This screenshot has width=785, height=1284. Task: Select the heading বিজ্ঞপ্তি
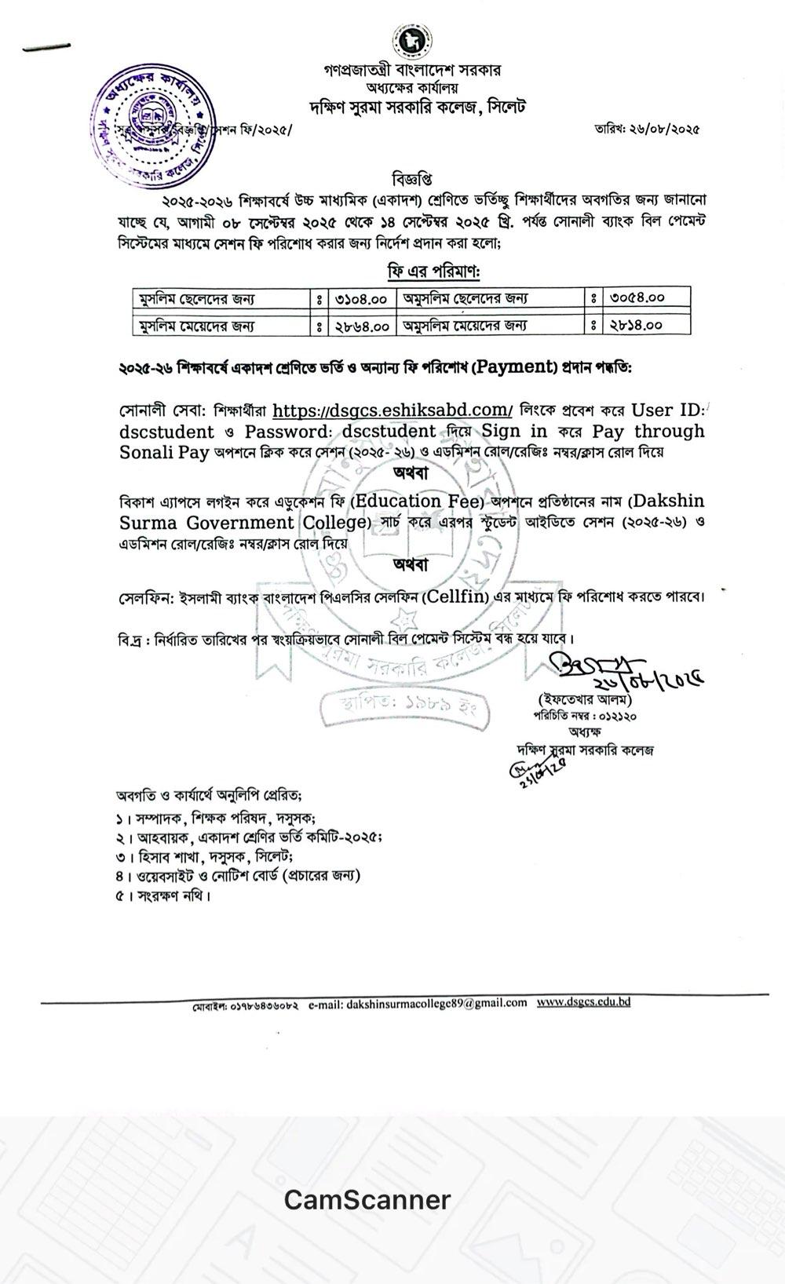pos(412,174)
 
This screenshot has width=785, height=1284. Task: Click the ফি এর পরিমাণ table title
pos(432,272)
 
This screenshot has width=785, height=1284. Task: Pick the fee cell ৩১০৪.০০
pos(361,298)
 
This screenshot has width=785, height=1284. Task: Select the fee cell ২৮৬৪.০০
pos(361,324)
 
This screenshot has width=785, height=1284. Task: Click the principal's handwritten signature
pos(620,669)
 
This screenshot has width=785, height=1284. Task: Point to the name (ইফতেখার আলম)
pos(584,699)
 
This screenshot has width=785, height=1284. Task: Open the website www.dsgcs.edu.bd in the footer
pos(583,1002)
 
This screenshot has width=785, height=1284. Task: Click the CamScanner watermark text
pos(367,1200)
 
